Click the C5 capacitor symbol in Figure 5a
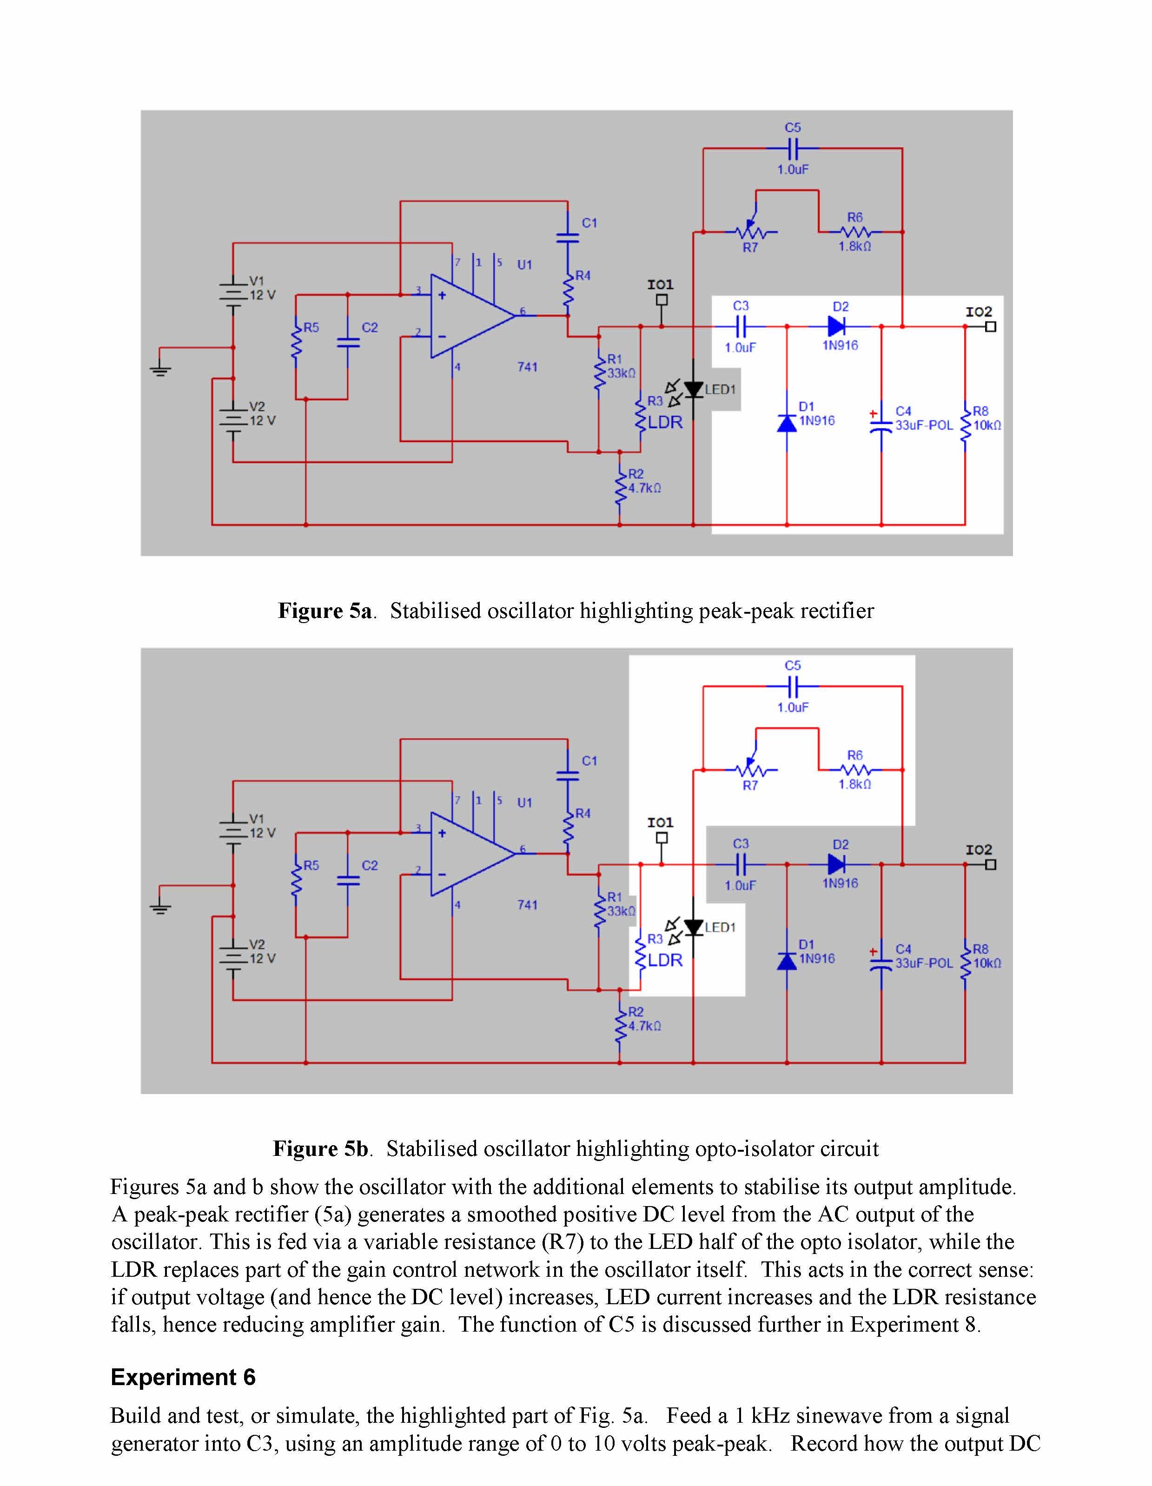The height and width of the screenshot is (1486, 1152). point(793,148)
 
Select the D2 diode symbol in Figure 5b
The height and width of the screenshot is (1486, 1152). point(837,864)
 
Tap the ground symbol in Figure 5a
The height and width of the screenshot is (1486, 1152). point(160,370)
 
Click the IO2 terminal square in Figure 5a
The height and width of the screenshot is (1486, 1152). point(991,326)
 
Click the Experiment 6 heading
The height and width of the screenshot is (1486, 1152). point(183,1377)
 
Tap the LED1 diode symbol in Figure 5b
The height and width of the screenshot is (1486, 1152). point(693,927)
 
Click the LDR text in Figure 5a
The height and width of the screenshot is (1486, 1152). point(665,422)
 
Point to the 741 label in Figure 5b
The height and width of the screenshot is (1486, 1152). point(527,904)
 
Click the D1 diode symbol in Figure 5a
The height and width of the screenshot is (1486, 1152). point(787,423)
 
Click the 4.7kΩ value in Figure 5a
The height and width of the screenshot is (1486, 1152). point(644,488)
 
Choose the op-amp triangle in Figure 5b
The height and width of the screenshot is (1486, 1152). point(470,854)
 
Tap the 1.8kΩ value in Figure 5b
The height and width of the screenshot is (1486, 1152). point(854,784)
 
